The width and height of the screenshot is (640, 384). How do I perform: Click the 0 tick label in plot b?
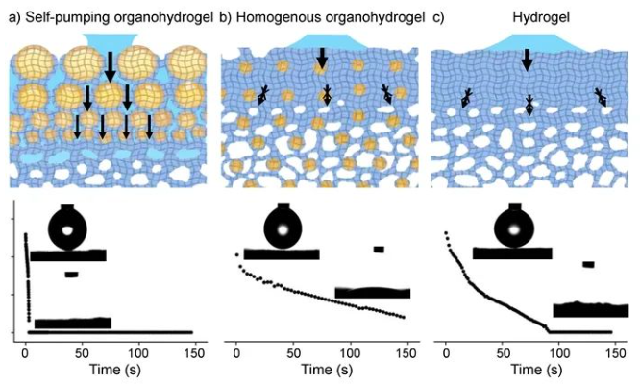pos(236,349)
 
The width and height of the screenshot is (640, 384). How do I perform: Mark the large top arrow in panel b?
pos(322,58)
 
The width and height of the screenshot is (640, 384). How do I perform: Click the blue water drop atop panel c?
pos(526,41)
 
